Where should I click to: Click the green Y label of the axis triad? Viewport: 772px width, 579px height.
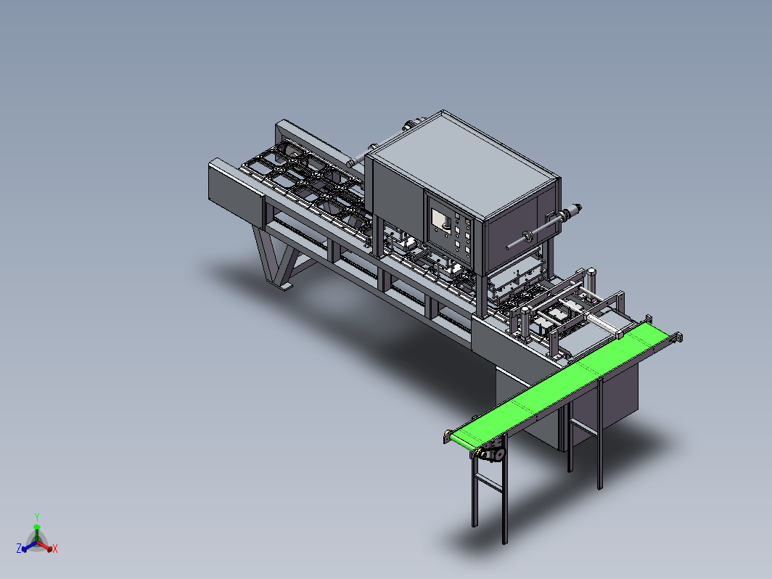(x=37, y=517)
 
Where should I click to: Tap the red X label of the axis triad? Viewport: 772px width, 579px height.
(x=54, y=549)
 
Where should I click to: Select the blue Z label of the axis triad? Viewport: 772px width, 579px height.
(x=19, y=548)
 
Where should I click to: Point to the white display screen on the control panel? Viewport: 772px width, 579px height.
(x=441, y=220)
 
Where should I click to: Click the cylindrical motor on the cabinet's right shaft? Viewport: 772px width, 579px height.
(x=571, y=212)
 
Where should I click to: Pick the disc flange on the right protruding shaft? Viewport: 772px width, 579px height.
(x=529, y=237)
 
